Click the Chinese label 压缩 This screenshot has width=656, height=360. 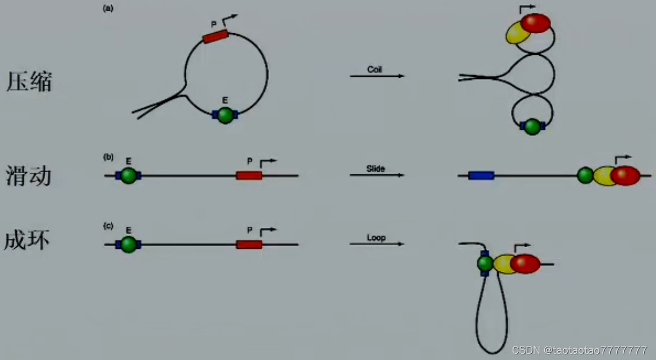pos(29,82)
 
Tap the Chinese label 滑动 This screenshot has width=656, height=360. pos(29,175)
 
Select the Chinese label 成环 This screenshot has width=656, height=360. pos(27,240)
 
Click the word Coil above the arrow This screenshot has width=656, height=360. pos(375,69)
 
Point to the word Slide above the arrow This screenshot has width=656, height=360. pos(375,169)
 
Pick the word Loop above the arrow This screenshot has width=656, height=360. pos(376,238)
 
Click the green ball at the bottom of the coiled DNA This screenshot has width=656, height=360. pos(532,126)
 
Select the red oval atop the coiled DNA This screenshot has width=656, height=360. pos(535,24)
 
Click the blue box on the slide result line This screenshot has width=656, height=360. pos(481,175)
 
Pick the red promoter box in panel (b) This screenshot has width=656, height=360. pos(249,175)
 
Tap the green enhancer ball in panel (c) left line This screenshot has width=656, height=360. pos(129,244)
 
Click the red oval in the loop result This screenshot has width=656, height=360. pos(525,264)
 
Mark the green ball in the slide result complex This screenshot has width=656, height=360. pos(585,175)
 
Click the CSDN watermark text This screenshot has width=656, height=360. pos(580,350)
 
